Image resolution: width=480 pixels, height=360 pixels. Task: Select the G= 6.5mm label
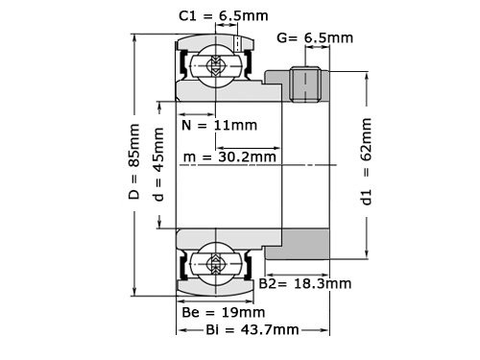click(314, 38)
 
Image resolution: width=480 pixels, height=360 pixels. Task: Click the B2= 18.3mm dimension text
click(304, 284)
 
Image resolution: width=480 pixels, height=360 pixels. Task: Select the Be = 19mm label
click(223, 312)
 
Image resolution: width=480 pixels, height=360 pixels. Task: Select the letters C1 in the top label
click(188, 16)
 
